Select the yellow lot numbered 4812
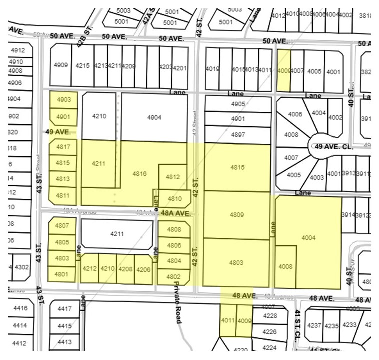(173, 177)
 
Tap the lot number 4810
(174, 199)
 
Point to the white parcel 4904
(154, 117)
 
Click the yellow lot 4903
(64, 100)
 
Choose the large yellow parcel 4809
(237, 215)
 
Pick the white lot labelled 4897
(238, 135)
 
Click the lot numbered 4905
(238, 104)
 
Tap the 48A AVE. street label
(176, 213)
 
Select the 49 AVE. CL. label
(334, 146)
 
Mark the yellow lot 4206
(143, 269)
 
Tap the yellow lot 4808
(174, 229)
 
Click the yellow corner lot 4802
(173, 276)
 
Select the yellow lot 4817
(63, 147)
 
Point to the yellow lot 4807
(62, 226)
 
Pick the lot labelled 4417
(65, 309)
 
